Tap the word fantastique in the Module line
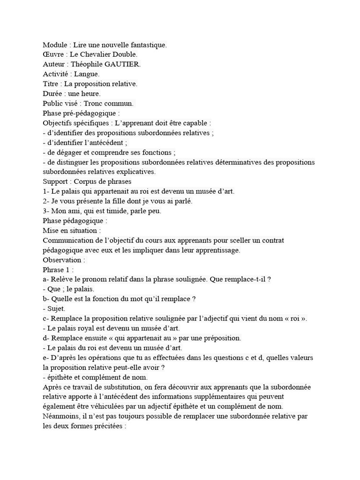[x=148, y=45]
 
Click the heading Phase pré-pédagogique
[x=81, y=113]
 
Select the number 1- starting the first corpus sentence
[x=46, y=191]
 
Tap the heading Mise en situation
[x=70, y=231]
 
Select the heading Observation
[x=63, y=260]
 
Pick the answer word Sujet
[x=56, y=308]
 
